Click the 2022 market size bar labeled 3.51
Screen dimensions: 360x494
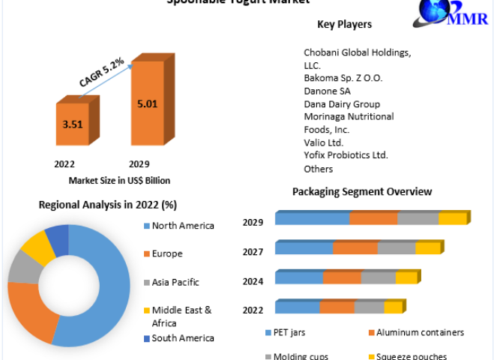point(72,124)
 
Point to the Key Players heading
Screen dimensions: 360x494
point(344,25)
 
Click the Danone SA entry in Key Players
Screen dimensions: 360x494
point(327,91)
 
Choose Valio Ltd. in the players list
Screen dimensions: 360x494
point(323,142)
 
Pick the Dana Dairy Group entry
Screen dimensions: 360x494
point(341,103)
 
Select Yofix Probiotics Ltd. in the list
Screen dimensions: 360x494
point(346,154)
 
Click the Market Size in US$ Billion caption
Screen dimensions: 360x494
point(119,180)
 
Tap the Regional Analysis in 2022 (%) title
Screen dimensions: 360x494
point(107,204)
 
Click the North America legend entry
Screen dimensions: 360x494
point(182,225)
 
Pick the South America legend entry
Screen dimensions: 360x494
point(182,338)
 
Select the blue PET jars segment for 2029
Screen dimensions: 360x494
point(312,218)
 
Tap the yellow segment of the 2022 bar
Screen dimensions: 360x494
point(393,307)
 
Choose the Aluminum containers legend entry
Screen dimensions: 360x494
point(421,332)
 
